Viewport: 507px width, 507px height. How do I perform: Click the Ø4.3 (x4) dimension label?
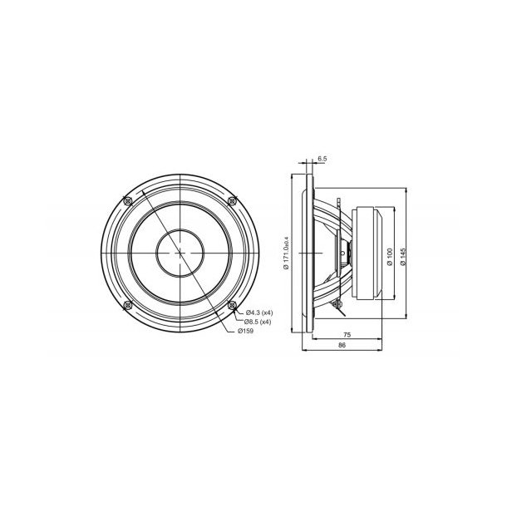pos(258,312)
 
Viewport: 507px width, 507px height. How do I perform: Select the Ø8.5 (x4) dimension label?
pos(258,321)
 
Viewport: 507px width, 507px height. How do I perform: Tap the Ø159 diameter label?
pos(246,331)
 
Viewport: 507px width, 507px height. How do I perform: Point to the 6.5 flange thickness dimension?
pos(321,158)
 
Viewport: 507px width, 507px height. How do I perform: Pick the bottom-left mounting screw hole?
pos(127,305)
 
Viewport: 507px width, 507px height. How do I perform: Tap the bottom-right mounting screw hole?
pos(233,305)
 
